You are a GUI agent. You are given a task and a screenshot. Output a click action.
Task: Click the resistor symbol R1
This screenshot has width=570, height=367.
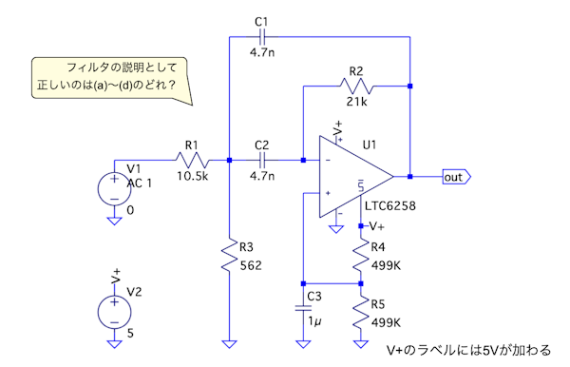192,160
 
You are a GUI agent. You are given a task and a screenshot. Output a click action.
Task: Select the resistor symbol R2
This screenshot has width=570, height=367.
356,87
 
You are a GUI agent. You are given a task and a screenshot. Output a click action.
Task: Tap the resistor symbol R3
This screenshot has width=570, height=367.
229,255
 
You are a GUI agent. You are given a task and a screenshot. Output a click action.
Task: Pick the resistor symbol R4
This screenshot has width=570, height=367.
361,255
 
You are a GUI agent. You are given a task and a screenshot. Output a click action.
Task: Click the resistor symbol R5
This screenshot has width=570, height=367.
361,312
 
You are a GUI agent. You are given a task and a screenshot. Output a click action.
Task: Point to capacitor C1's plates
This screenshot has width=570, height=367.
262,37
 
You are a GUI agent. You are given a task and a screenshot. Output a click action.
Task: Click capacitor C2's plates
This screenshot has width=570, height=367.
262,160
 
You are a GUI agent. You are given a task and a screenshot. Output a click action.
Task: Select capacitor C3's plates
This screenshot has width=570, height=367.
303,308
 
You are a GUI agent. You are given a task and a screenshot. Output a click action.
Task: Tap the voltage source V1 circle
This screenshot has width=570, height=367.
115,189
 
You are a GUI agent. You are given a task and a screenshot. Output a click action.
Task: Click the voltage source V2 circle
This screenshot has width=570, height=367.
115,312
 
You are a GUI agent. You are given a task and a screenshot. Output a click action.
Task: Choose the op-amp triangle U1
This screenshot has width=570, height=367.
356,177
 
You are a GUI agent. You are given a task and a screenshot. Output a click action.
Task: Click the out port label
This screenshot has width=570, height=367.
457,177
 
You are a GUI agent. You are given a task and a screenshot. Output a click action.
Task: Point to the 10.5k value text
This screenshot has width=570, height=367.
192,176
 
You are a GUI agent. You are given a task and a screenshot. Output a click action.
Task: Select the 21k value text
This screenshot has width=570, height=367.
356,102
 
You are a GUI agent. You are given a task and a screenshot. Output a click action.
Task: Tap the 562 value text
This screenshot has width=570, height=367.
251,265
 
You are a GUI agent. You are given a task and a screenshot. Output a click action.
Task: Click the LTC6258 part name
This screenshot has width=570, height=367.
390,206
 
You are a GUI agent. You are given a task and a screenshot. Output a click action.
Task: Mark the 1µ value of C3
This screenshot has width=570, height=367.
314,321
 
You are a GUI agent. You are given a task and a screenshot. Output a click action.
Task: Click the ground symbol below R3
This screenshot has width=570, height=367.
229,344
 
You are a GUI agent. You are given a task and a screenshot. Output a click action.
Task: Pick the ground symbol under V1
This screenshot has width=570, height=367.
115,221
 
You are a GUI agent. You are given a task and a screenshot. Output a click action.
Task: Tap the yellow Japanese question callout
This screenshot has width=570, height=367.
110,77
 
